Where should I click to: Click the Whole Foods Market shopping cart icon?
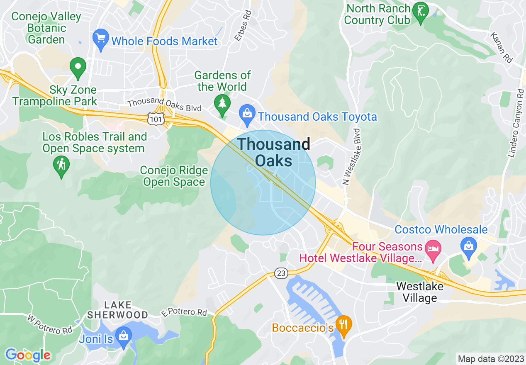[x=100, y=39]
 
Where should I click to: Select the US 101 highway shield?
[x=156, y=119]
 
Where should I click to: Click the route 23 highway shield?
[x=281, y=273]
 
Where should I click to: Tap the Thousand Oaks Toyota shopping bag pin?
[x=247, y=115]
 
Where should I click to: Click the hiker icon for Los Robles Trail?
[x=61, y=165]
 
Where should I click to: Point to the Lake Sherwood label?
[x=117, y=310]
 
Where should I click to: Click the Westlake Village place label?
[x=419, y=292]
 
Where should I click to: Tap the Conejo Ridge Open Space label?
[x=174, y=176]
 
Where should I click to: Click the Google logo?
[x=28, y=355]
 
